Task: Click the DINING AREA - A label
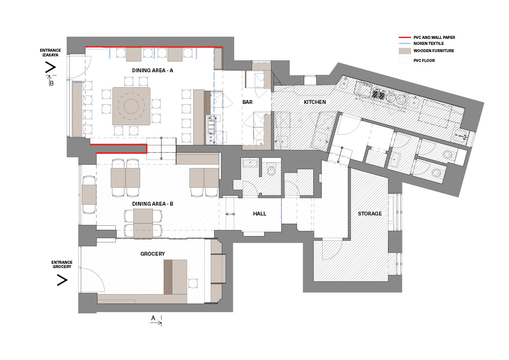click(153, 71)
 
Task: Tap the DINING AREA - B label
click(153, 204)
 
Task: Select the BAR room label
click(247, 102)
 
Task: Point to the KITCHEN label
click(315, 102)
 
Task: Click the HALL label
click(259, 214)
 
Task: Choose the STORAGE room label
click(370, 214)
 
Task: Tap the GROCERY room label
click(153, 254)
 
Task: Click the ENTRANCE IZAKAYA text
click(50, 53)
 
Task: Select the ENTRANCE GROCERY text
click(62, 265)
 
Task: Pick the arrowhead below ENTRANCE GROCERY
click(62, 280)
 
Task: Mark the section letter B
click(52, 83)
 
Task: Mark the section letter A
click(153, 318)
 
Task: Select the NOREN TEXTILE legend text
click(429, 44)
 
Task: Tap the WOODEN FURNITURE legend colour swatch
click(404, 51)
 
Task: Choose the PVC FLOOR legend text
click(424, 61)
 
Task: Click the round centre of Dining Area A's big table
click(131, 106)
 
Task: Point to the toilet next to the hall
click(271, 171)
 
